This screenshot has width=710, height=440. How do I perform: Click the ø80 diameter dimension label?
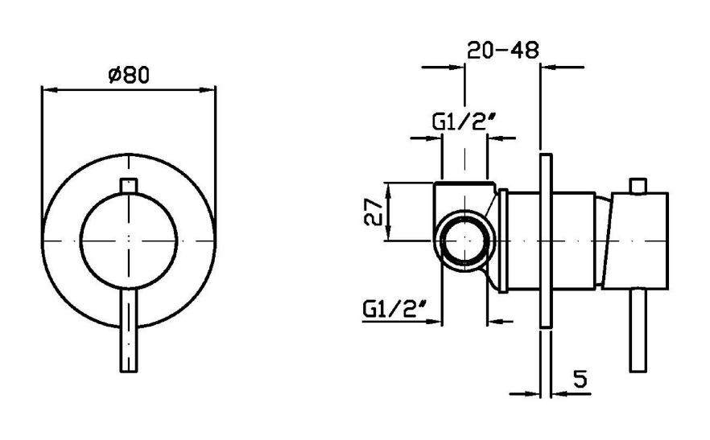pyautogui.click(x=129, y=74)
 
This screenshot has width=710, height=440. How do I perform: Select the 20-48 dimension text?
pyautogui.click(x=503, y=50)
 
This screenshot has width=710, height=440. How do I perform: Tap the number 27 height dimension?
pyautogui.click(x=374, y=212)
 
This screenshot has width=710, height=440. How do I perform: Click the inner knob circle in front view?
pyautogui.click(x=129, y=241)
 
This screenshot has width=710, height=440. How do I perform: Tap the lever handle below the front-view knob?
pyautogui.click(x=129, y=331)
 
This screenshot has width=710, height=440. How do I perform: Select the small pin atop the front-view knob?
pyautogui.click(x=129, y=186)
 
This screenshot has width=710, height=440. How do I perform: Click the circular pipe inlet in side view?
pyautogui.click(x=465, y=240)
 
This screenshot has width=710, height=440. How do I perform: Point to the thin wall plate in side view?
pyautogui.click(x=546, y=241)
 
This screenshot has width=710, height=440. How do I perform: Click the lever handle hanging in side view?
pyautogui.click(x=638, y=331)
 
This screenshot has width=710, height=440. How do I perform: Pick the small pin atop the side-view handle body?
pyautogui.click(x=638, y=186)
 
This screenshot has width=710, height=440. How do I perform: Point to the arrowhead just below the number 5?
pyautogui.click(x=560, y=394)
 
